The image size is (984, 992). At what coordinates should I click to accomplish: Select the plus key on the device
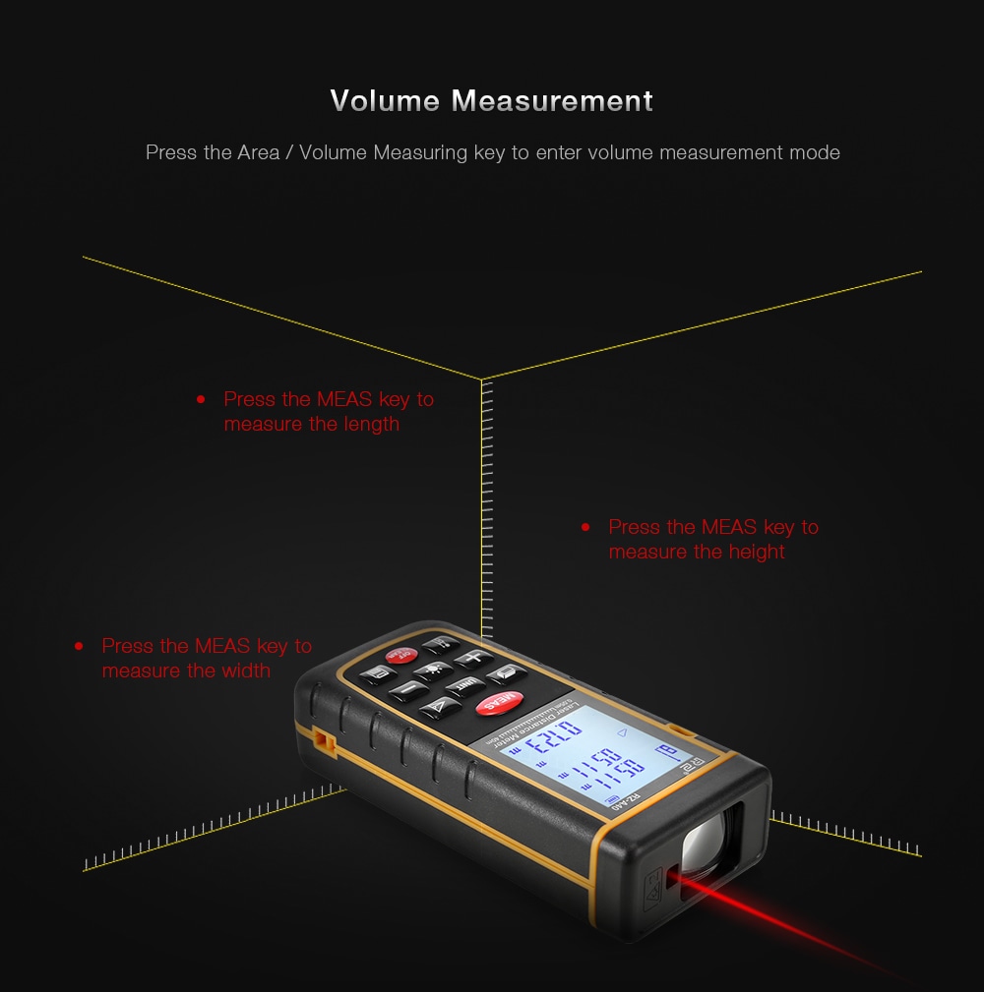tap(474, 659)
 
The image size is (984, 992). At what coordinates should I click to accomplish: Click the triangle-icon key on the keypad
tap(440, 706)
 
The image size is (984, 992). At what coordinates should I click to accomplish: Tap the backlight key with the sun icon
tap(434, 673)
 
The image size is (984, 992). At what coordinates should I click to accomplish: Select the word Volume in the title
tap(385, 101)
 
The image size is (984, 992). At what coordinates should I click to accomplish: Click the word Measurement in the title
tap(552, 101)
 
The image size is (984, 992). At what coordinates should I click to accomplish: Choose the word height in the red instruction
tap(756, 553)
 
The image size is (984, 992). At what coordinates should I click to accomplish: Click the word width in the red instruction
tap(245, 671)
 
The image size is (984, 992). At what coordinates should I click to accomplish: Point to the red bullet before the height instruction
tap(585, 528)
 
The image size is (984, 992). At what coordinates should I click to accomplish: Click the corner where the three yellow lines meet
tap(481, 379)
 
